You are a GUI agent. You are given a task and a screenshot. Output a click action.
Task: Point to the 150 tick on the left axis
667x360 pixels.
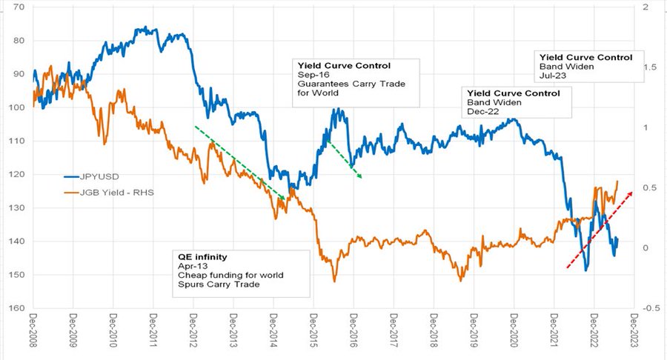pos(16,275)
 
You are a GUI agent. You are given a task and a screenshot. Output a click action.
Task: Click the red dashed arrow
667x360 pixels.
pos(600,229)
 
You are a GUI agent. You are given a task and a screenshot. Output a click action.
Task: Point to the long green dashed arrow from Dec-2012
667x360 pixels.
pos(239,161)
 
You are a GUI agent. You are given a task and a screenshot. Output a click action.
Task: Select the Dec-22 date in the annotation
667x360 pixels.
pos(480,112)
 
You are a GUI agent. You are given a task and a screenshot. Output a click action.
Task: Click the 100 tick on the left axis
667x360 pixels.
pos(16,107)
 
